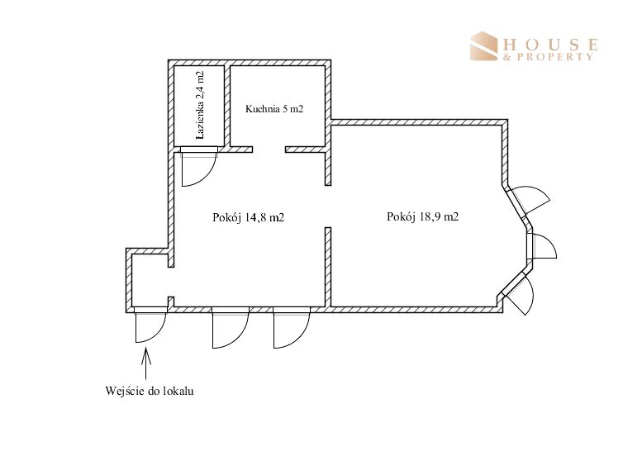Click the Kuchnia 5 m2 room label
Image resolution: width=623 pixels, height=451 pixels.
point(274,109)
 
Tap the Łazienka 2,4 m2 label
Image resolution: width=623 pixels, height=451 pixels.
point(200,105)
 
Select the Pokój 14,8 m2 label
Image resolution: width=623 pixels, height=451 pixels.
point(249,217)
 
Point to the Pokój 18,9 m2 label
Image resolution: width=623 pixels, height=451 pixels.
point(422,216)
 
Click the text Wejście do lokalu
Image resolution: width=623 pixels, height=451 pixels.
point(150,391)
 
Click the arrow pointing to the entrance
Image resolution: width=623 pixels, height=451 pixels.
point(145,363)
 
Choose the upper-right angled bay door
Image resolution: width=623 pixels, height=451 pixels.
point(529,201)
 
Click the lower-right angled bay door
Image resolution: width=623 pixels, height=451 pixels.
point(518,293)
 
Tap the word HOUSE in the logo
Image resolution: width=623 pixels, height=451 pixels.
point(550,44)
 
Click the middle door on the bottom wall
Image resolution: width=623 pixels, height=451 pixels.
point(231,328)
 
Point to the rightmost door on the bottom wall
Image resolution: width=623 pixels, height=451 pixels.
point(292,328)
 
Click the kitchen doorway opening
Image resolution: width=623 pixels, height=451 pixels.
point(269,150)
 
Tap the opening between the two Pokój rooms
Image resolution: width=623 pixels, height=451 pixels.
point(328,207)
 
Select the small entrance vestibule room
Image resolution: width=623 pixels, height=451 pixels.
point(150,281)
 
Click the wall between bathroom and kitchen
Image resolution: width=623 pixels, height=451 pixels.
point(227,106)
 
